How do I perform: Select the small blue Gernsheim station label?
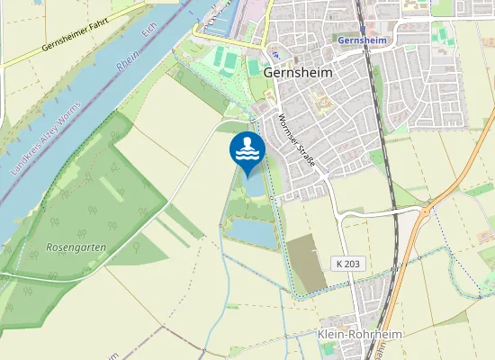pos(360,41)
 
